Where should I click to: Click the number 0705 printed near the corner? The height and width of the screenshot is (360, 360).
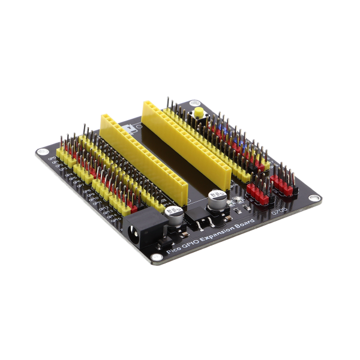[279, 211]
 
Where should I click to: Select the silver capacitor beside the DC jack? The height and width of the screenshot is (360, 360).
[173, 215]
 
